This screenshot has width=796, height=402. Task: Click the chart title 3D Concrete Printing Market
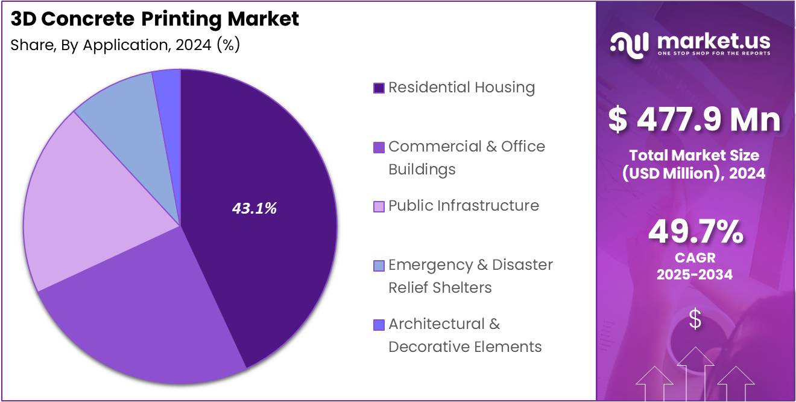(155, 19)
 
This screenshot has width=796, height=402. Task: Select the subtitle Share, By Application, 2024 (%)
(125, 45)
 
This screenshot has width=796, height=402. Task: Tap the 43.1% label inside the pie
(254, 208)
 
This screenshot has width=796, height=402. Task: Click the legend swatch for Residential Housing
(379, 88)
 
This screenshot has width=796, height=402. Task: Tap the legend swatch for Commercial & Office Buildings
(379, 147)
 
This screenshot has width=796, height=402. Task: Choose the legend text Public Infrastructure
(463, 206)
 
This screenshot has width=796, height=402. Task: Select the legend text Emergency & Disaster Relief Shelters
(470, 276)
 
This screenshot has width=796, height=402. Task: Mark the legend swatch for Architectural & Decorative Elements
(379, 325)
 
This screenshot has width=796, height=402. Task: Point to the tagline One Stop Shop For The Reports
(713, 54)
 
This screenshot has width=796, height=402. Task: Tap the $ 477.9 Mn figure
(695, 119)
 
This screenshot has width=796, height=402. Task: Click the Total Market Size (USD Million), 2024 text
(694, 164)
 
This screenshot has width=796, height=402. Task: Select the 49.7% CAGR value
(695, 232)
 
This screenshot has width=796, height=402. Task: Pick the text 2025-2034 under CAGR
(695, 275)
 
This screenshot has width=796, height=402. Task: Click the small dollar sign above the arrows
(695, 319)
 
